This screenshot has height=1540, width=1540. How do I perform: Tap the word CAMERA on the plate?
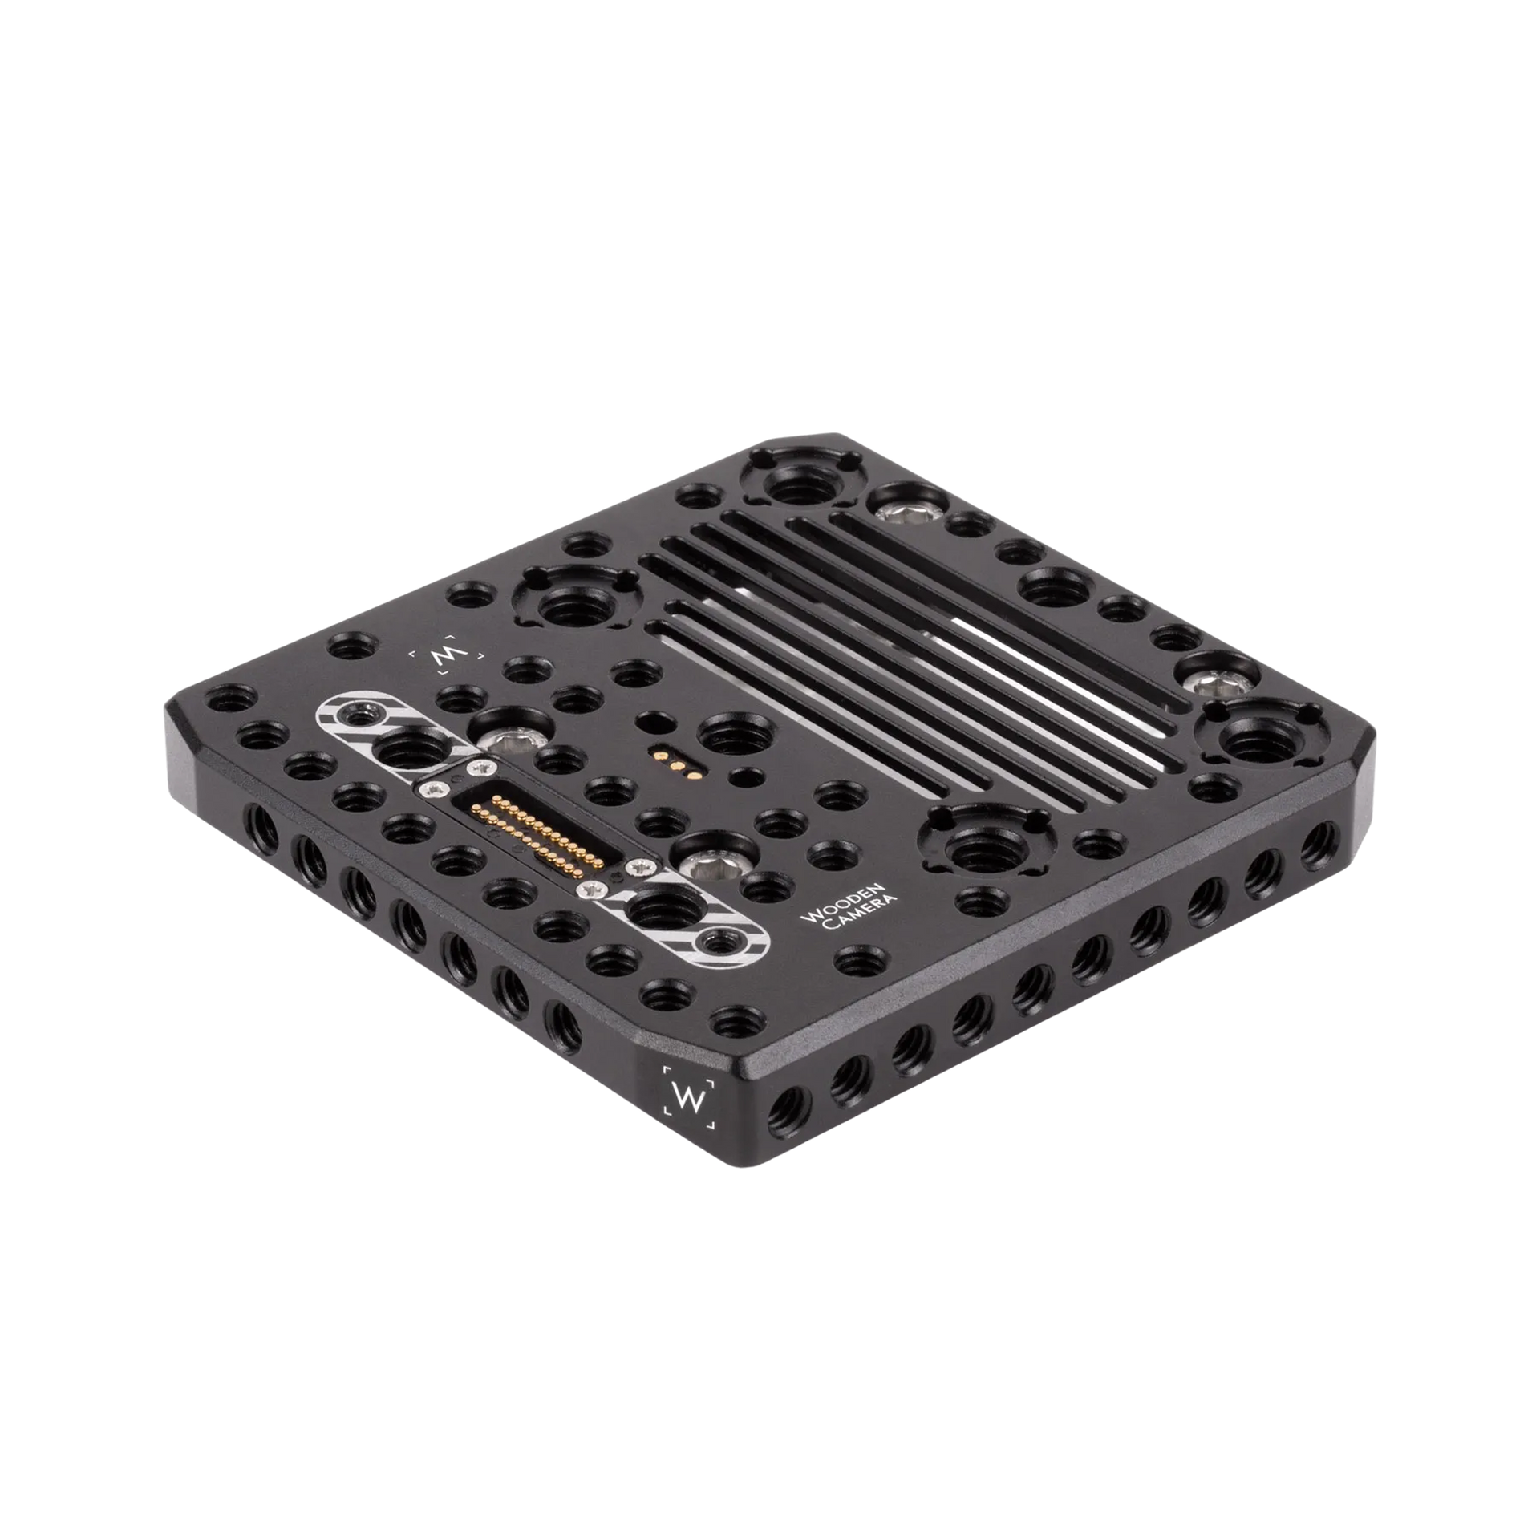(859, 914)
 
